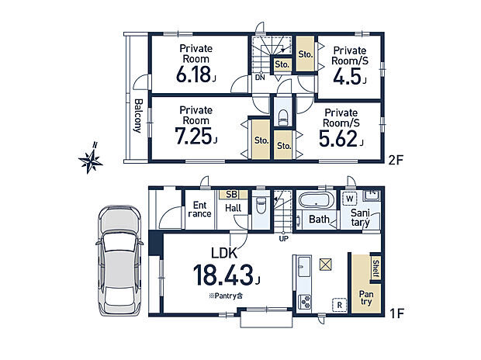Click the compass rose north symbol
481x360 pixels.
[x=91, y=158]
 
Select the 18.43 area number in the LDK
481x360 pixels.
[x=224, y=275]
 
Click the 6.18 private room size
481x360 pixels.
[x=194, y=74]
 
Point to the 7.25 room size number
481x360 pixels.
[x=194, y=136]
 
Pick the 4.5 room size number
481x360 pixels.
[x=347, y=76]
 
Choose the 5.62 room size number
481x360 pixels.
[x=338, y=139]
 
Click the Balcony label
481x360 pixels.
[x=138, y=116]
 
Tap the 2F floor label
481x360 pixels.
[x=396, y=160]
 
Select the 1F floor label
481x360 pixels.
[x=396, y=313]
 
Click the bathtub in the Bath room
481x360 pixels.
[x=315, y=200]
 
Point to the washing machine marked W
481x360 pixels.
[x=350, y=199]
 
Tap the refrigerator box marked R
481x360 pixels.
[x=339, y=305]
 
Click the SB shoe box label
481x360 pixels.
[x=232, y=194]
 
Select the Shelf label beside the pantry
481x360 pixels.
[x=375, y=268]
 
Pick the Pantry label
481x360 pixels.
[x=366, y=298]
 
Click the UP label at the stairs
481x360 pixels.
[x=283, y=238]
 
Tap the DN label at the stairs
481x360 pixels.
[x=260, y=78]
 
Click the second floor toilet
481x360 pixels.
[x=282, y=116]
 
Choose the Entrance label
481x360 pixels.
[x=199, y=209]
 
